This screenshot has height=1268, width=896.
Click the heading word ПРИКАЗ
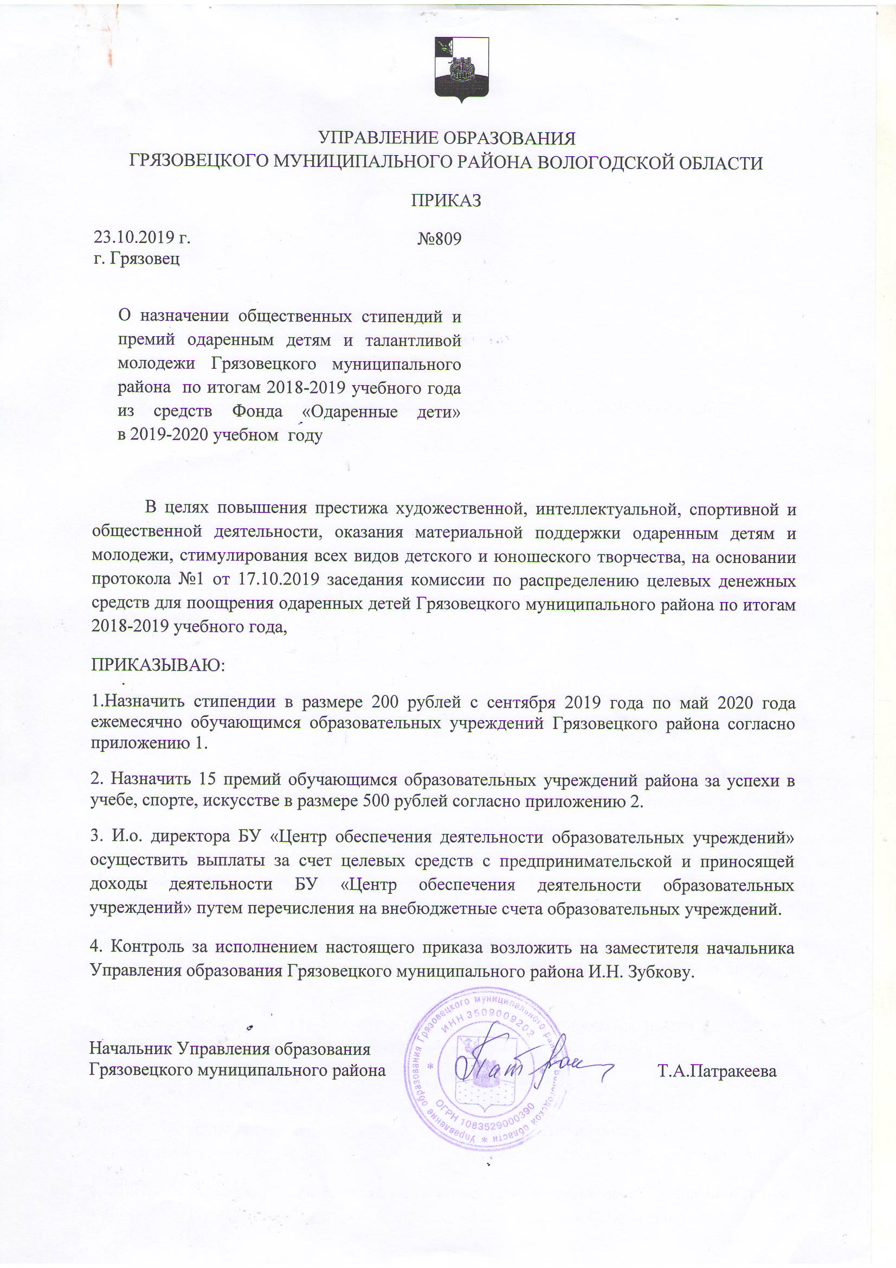click(446, 201)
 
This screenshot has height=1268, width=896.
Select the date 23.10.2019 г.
click(142, 238)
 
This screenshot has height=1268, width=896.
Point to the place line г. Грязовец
click(137, 259)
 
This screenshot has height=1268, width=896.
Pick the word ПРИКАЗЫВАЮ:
click(158, 664)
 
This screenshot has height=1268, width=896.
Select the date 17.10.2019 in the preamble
click(279, 580)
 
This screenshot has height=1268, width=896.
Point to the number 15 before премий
click(201, 779)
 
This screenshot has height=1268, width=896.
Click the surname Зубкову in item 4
click(660, 971)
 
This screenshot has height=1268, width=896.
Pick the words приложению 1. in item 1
click(149, 744)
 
